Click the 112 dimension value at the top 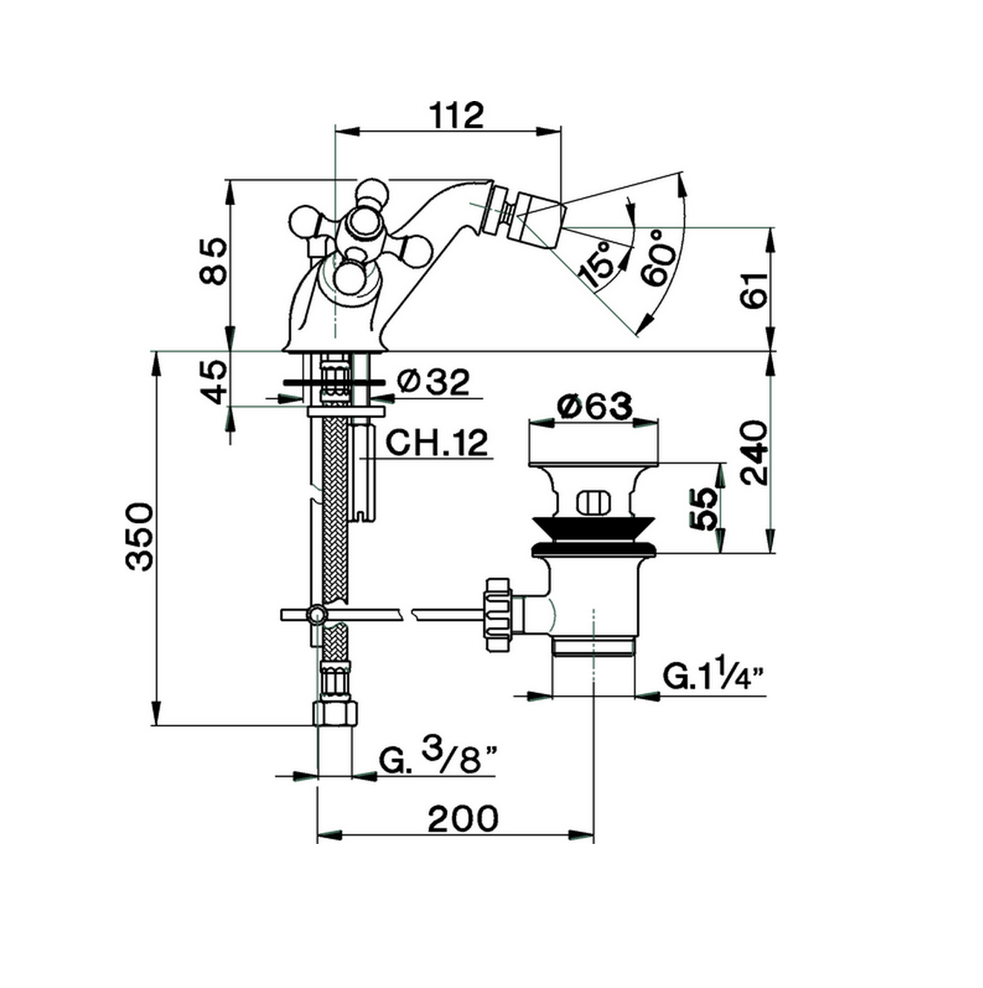[x=457, y=116]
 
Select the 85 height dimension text [x=212, y=261]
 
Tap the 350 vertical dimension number [x=139, y=537]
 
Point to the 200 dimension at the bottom [x=463, y=819]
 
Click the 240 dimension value [x=754, y=452]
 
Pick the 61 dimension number [x=754, y=290]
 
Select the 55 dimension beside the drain [x=702, y=509]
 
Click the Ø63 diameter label [x=595, y=407]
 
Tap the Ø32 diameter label [x=434, y=382]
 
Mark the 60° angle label [x=656, y=257]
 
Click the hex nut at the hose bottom [x=335, y=714]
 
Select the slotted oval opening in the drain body [x=593, y=503]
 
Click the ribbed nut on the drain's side [x=498, y=615]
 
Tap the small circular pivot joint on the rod [x=315, y=614]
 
